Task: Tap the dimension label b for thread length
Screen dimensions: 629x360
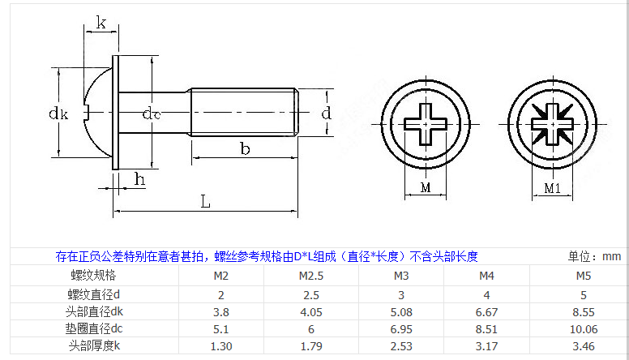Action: point(245,148)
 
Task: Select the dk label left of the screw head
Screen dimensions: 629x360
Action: point(58,113)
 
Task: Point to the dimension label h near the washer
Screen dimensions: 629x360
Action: point(139,179)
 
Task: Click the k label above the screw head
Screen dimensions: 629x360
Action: point(101,23)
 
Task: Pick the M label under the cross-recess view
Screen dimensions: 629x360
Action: point(426,188)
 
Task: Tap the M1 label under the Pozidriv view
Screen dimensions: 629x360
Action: point(552,189)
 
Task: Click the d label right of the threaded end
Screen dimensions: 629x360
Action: point(326,113)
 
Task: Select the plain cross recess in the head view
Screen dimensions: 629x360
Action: point(426,123)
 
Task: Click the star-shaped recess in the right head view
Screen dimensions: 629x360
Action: point(551,124)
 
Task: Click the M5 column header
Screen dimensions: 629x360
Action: point(584,276)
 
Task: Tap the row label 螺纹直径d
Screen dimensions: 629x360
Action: point(93,294)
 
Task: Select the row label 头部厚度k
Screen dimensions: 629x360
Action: point(93,346)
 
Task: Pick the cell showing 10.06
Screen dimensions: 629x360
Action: point(584,328)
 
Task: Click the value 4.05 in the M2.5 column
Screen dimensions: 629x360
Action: point(300,311)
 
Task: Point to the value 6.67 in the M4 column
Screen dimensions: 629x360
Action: point(487,311)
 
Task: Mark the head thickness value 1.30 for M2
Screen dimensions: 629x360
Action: point(220,346)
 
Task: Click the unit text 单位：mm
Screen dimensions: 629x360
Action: point(594,256)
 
